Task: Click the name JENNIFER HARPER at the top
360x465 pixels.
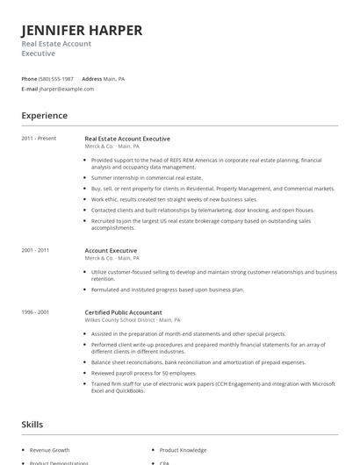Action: click(82, 31)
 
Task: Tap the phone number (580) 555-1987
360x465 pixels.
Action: click(57, 79)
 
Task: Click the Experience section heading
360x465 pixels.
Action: click(44, 115)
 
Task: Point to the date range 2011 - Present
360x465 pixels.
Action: click(39, 139)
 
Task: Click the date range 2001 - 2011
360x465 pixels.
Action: click(35, 250)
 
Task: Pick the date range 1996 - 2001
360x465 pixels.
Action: click(35, 311)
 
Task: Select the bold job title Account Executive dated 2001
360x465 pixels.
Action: click(111, 250)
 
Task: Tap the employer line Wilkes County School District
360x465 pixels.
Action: click(133, 320)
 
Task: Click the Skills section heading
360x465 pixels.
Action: click(32, 425)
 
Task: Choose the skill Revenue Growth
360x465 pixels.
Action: click(49, 449)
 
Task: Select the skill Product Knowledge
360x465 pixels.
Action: click(183, 449)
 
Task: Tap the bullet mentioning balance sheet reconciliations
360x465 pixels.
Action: click(198, 361)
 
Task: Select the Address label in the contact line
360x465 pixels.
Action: click(91, 79)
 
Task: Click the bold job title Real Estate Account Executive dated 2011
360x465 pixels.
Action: click(127, 139)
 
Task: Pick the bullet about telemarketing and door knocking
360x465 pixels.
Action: click(202, 210)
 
